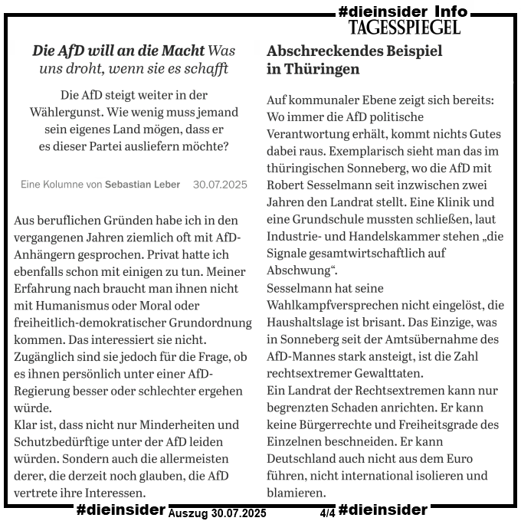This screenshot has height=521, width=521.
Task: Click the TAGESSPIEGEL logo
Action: pyautogui.click(x=404, y=28)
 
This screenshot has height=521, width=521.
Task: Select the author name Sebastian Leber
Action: pyautogui.click(x=143, y=184)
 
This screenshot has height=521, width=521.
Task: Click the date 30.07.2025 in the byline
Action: pyautogui.click(x=220, y=184)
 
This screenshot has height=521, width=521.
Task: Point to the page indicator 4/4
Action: pyautogui.click(x=327, y=511)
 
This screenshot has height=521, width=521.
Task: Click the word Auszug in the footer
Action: pyautogui.click(x=188, y=512)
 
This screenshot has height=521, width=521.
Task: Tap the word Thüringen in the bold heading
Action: pyautogui.click(x=321, y=69)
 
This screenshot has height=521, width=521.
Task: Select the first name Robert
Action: pyautogui.click(x=288, y=185)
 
